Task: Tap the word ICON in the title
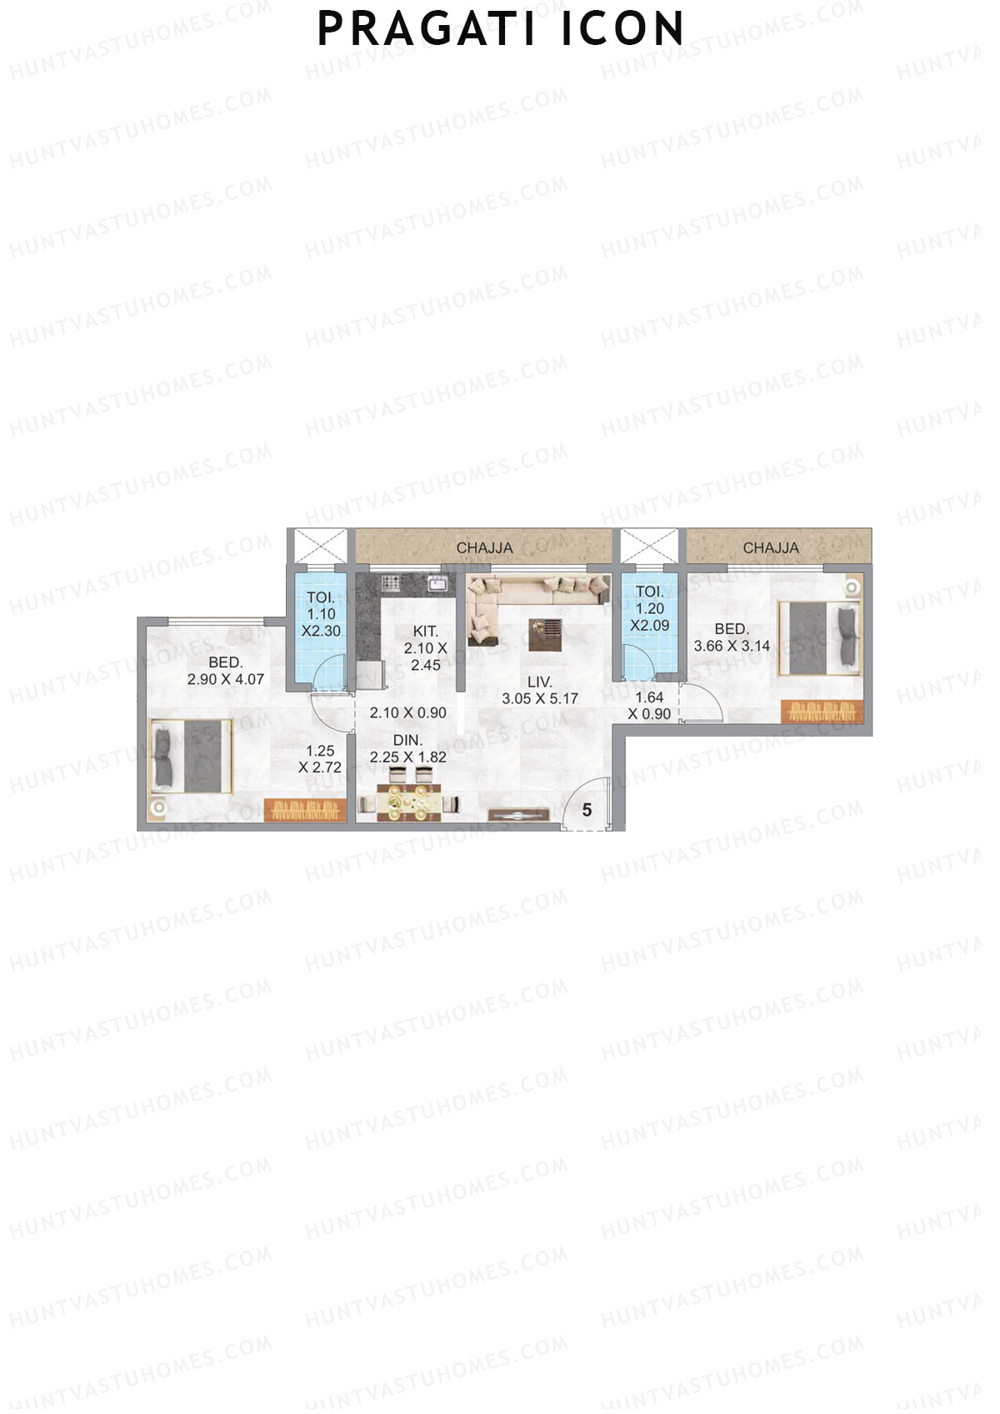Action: point(622,29)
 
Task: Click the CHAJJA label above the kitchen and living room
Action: point(484,548)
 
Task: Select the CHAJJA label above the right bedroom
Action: point(771,547)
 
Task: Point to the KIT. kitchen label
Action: point(425,632)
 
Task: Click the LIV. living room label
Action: point(540,682)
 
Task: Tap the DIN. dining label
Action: point(407,740)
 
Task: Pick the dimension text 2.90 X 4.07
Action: point(226,679)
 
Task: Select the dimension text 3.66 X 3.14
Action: point(732,646)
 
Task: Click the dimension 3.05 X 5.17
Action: point(540,699)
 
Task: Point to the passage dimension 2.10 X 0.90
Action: point(407,713)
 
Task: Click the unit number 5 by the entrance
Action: point(587,810)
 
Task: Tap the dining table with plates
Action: point(408,805)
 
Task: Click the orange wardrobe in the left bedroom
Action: point(305,811)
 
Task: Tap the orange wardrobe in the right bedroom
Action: point(822,712)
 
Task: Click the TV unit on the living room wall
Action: point(518,817)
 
